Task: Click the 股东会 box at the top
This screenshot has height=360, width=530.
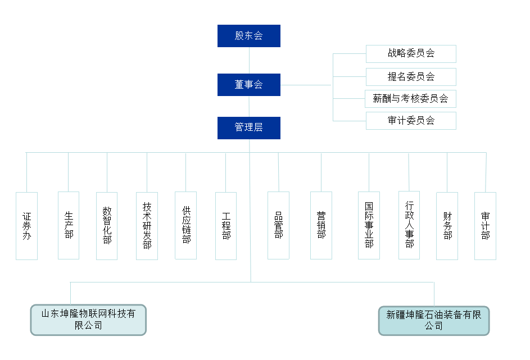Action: pyautogui.click(x=248, y=36)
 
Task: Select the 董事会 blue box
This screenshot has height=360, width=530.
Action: pyautogui.click(x=248, y=85)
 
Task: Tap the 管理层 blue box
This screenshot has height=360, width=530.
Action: pyautogui.click(x=248, y=127)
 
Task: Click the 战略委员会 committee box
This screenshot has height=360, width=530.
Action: pyautogui.click(x=411, y=54)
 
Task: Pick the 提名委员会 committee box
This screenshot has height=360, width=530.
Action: pyautogui.click(x=411, y=77)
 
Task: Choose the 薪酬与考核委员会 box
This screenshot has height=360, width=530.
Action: pyautogui.click(x=410, y=99)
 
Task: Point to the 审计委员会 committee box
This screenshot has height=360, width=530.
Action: pyautogui.click(x=411, y=121)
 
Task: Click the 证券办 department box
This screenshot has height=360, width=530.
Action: pyautogui.click(x=26, y=226)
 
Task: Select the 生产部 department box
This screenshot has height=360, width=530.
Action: pyautogui.click(x=69, y=225)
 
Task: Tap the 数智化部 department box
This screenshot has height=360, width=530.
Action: pyautogui.click(x=107, y=226)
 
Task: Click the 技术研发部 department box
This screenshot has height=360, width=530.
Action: pyautogui.click(x=147, y=226)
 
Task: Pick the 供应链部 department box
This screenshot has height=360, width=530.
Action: pyautogui.click(x=185, y=225)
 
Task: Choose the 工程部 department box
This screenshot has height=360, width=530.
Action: pyautogui.click(x=226, y=226)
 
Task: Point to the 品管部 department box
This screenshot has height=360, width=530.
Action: pyautogui.click(x=278, y=225)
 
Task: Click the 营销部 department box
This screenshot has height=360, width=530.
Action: pyautogui.click(x=321, y=225)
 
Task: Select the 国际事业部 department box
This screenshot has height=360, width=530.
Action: pyautogui.click(x=369, y=225)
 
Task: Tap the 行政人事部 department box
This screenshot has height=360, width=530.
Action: pyautogui.click(x=409, y=225)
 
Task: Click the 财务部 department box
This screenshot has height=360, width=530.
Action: pyautogui.click(x=447, y=226)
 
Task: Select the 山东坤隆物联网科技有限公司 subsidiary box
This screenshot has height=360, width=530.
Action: pyautogui.click(x=88, y=320)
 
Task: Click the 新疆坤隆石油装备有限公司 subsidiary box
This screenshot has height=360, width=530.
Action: pyautogui.click(x=433, y=320)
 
